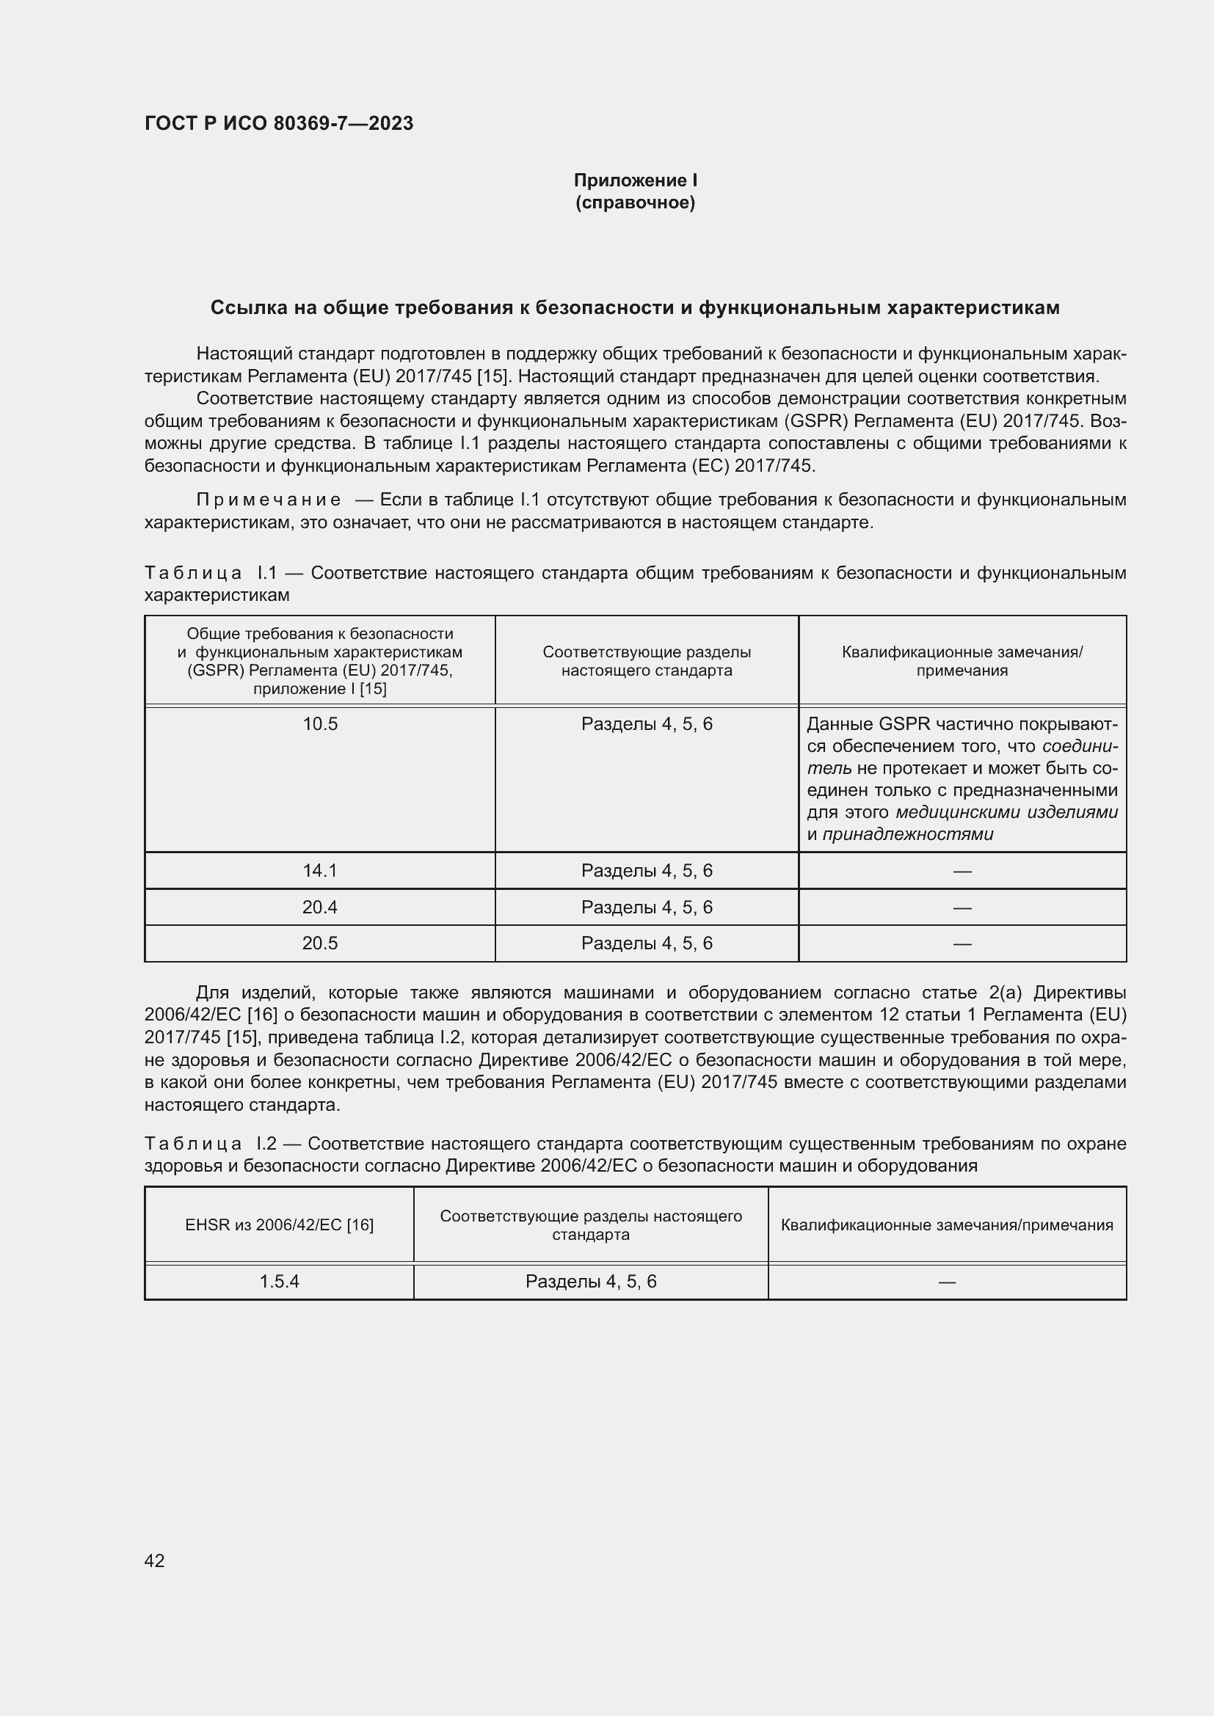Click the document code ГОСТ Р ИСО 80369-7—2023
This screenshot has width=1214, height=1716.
[279, 123]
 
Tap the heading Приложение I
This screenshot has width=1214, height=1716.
[636, 180]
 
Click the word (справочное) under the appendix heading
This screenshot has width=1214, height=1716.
[636, 203]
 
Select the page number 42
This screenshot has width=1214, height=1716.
[155, 1560]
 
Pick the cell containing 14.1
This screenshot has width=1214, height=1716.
[320, 871]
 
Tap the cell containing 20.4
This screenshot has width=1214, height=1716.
[320, 908]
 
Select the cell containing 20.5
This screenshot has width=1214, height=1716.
[320, 943]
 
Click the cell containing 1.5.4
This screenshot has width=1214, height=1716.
[280, 1282]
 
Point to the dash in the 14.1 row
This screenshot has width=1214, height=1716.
[962, 872]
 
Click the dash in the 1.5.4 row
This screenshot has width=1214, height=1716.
[947, 1282]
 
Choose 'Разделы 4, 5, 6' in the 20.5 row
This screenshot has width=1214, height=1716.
[647, 943]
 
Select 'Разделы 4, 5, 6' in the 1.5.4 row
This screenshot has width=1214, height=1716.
[591, 1282]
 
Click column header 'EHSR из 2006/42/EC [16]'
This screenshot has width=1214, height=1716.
[280, 1225]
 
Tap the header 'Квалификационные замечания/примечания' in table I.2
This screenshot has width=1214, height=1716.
[947, 1225]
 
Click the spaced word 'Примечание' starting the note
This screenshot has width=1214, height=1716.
[269, 500]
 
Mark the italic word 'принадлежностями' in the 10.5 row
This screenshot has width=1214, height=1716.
[907, 834]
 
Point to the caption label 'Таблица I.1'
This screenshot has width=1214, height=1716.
[211, 573]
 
